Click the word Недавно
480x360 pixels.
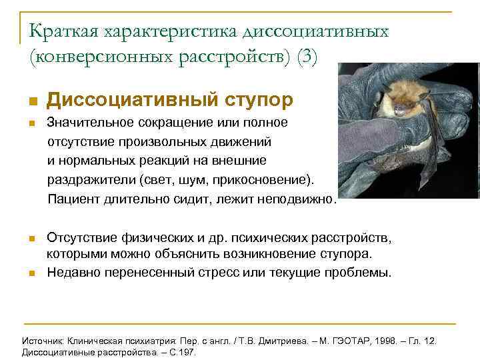click(71, 273)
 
